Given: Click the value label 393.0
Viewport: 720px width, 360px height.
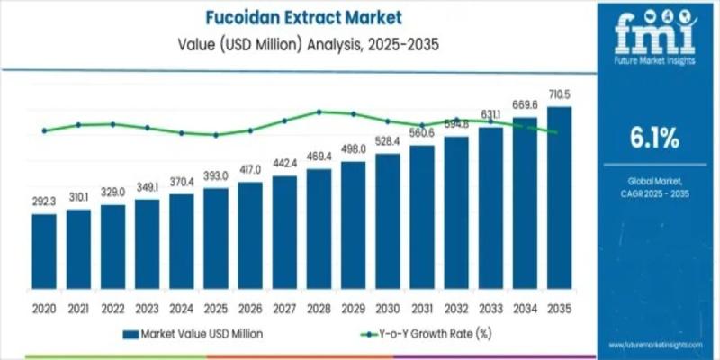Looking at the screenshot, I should pyautogui.click(x=215, y=176).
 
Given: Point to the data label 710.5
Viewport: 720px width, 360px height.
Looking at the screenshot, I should pyautogui.click(x=559, y=94).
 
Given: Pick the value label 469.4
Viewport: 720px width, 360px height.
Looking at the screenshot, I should pyautogui.click(x=319, y=157).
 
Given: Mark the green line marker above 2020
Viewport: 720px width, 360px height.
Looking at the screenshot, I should pyautogui.click(x=43, y=130).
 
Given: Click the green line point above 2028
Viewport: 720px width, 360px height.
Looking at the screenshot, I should pyautogui.click(x=319, y=112).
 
